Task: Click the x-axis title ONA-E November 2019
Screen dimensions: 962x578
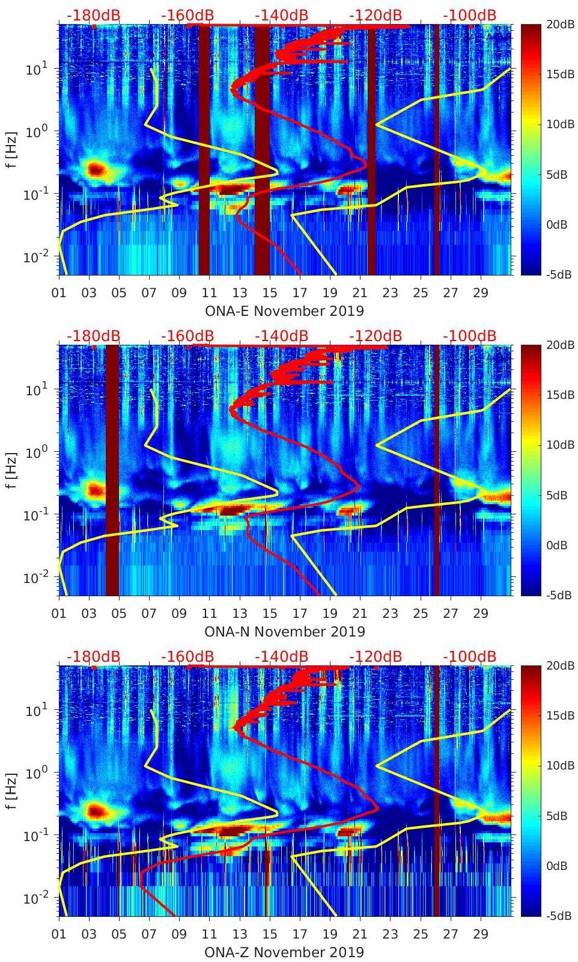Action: (x=284, y=311)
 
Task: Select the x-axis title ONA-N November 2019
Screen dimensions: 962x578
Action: (x=284, y=632)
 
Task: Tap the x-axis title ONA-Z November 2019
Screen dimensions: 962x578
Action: (x=284, y=952)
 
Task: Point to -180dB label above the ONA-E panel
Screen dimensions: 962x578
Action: (x=93, y=15)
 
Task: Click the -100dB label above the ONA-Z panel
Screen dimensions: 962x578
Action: (x=469, y=656)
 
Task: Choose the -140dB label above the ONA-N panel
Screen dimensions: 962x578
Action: (x=281, y=336)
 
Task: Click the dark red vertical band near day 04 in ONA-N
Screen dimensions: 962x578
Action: (x=112, y=469)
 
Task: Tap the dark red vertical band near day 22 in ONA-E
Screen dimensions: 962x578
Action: (x=371, y=150)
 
